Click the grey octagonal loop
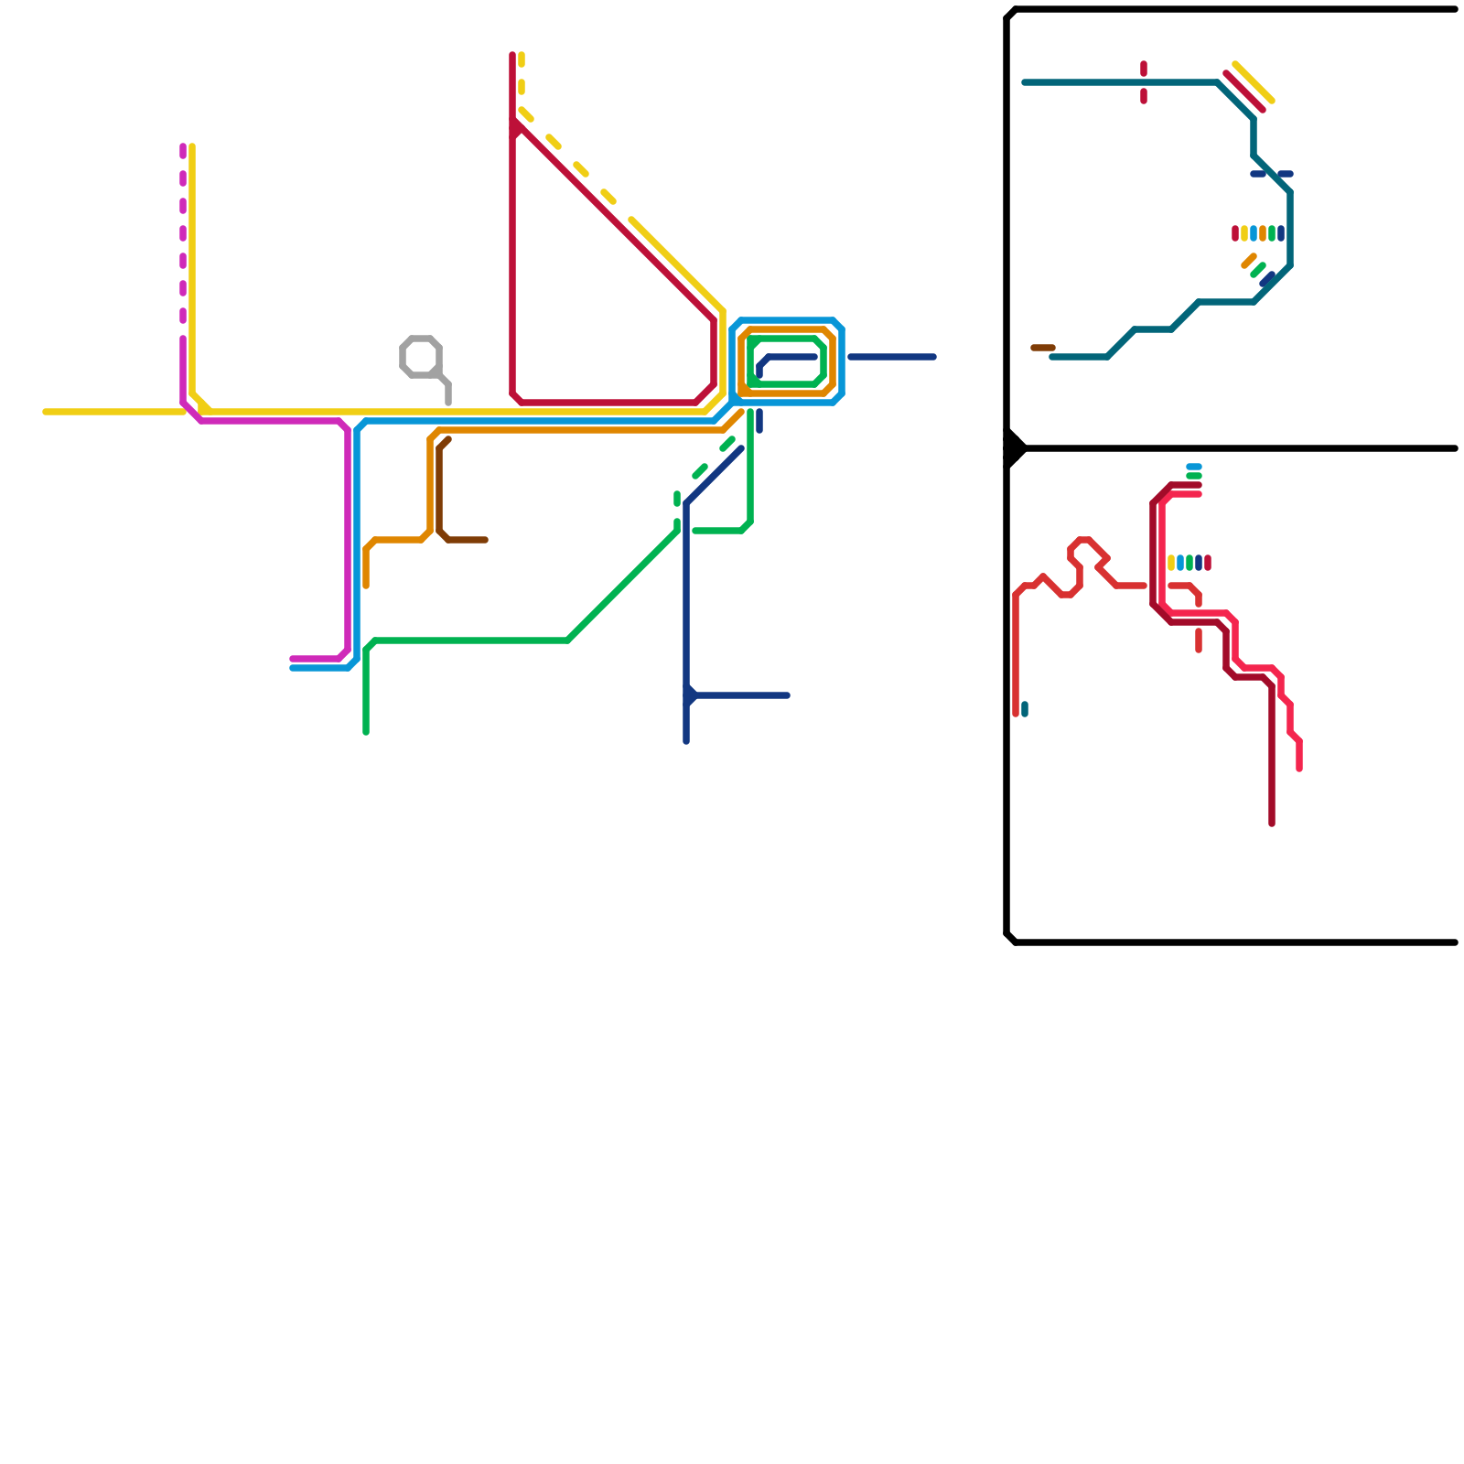[x=421, y=356]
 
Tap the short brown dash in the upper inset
[x=1043, y=348]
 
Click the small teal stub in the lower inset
[x=1025, y=709]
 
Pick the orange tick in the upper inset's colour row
[x=1263, y=233]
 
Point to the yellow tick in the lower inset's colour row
[x=1171, y=563]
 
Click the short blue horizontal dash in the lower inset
[x=1194, y=467]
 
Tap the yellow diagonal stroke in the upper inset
[x=1254, y=82]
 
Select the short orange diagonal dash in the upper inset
[x=1249, y=261]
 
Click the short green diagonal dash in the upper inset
[x=1258, y=270]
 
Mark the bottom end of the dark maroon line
[x=1272, y=823]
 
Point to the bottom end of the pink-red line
[x=1299, y=769]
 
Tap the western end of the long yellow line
[x=46, y=412]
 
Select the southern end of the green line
[x=366, y=732]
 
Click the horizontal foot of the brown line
[x=467, y=540]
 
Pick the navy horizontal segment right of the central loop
[x=892, y=357]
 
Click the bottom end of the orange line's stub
[x=366, y=586]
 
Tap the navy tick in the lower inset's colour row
[x=1199, y=563]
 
